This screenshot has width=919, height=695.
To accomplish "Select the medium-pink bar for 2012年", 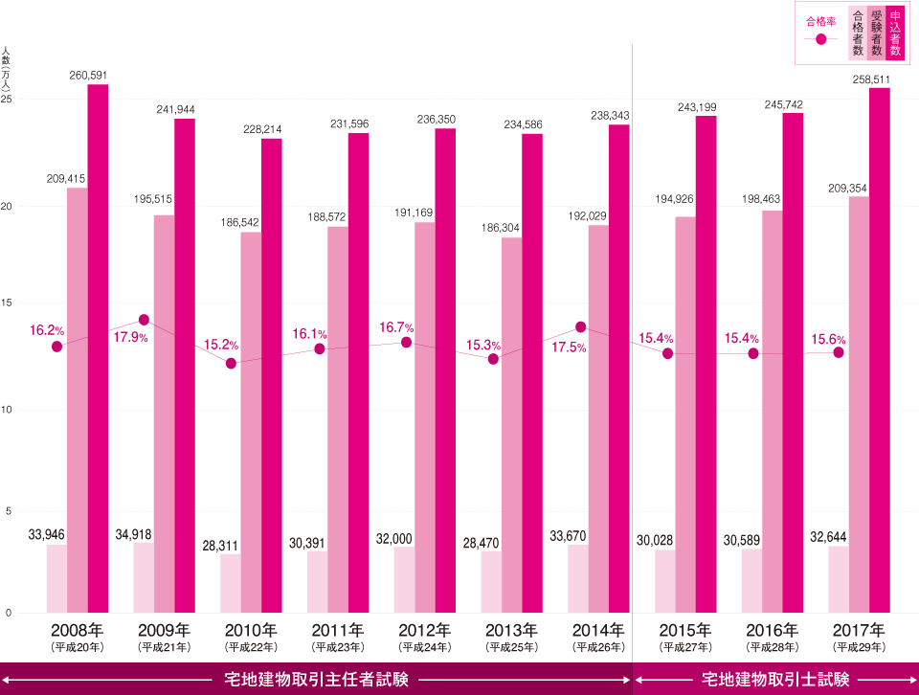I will click(424, 416).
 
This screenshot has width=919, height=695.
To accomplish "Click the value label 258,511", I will click(871, 78).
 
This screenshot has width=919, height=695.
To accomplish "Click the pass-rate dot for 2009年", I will click(144, 320).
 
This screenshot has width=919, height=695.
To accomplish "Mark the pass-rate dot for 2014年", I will click(580, 327).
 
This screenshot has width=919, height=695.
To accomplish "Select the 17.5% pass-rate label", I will click(570, 347).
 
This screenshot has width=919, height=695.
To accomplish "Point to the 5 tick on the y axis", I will click(8, 511).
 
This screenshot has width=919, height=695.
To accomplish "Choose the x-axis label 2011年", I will click(337, 630).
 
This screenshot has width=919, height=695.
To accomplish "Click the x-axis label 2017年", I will click(859, 630).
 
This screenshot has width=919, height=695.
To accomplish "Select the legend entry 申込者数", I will click(895, 33).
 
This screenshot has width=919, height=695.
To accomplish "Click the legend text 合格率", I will click(820, 19).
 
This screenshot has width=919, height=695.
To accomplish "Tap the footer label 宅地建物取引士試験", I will click(775, 680).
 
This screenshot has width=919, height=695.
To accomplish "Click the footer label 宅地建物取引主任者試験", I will click(316, 680).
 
